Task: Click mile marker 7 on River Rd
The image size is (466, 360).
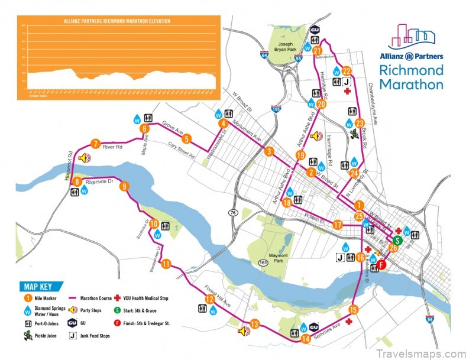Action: pos(95,143)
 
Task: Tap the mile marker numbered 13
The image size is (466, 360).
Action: pos(255,324)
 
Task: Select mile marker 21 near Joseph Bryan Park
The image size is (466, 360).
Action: pos(317,51)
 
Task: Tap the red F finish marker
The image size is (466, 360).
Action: pos(382,265)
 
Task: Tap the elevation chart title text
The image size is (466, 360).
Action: pos(117,21)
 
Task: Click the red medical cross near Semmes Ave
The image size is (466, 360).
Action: pos(349,322)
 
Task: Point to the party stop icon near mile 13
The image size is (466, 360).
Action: pos(242,331)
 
